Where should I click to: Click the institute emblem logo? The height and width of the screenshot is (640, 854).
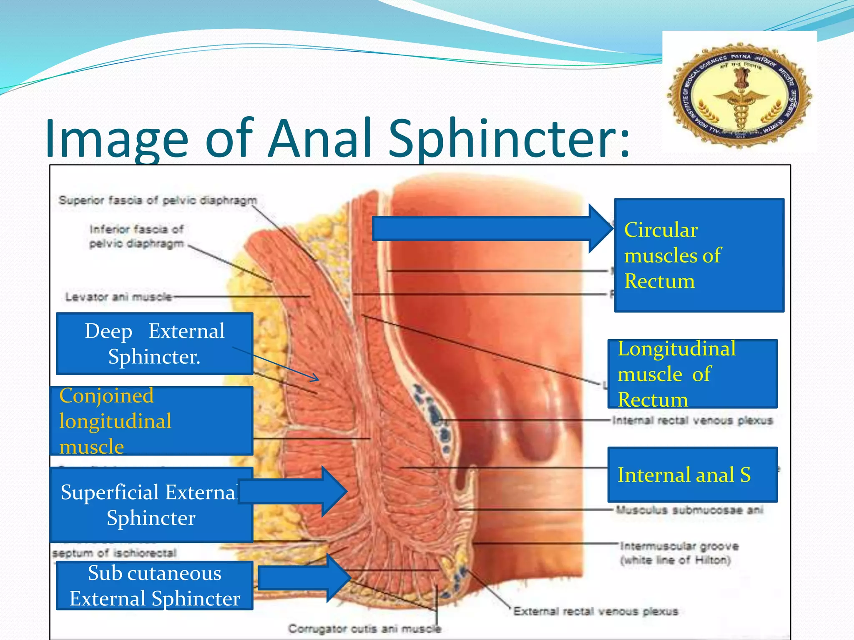(739, 95)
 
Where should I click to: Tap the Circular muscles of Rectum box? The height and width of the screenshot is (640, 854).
(699, 255)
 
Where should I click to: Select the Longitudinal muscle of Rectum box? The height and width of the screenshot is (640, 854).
(692, 374)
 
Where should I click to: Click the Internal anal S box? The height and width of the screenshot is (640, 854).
(692, 475)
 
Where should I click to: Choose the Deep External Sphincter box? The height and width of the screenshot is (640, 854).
(154, 343)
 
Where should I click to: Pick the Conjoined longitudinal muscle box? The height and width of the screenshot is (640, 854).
(152, 421)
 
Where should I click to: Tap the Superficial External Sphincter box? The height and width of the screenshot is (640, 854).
(151, 505)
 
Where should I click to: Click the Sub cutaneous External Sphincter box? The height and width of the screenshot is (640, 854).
(154, 585)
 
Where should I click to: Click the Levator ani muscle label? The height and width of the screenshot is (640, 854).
(118, 297)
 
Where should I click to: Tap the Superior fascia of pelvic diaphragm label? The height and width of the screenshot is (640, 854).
(158, 200)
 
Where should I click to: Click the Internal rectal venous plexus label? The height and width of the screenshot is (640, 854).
(692, 421)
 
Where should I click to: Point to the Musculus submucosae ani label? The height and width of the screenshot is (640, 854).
(689, 510)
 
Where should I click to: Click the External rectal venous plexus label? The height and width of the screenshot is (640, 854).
(595, 611)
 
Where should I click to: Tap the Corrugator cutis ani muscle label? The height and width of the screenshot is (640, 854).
(364, 629)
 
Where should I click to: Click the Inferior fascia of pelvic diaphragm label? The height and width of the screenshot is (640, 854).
(137, 236)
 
